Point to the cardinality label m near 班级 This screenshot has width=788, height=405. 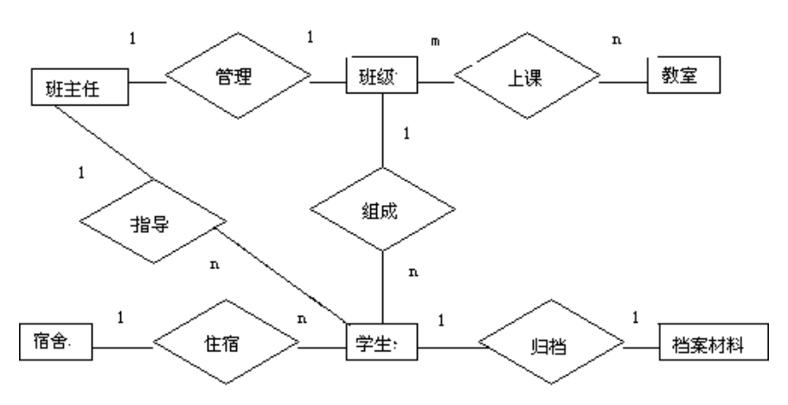tap(435, 42)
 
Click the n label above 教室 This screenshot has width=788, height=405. tap(615, 40)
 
